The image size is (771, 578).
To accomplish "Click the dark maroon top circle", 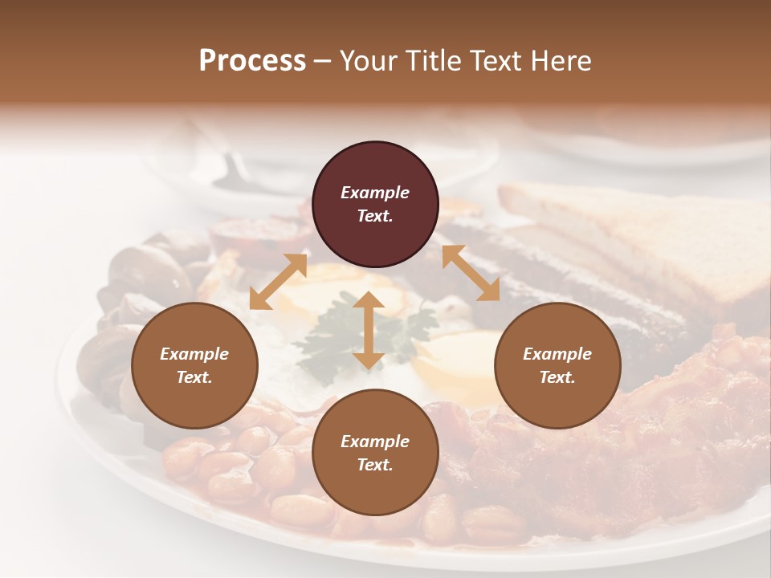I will click(x=375, y=205).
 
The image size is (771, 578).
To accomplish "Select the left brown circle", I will click(x=194, y=366).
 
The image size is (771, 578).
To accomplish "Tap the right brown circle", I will click(x=557, y=366).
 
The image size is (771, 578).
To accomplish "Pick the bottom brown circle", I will click(x=375, y=453).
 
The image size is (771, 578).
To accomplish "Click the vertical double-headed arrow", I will click(x=369, y=331).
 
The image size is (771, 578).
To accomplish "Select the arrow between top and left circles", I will click(x=279, y=281).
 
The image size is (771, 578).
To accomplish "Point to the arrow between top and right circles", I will click(x=471, y=273).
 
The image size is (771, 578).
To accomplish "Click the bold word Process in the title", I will click(x=252, y=60).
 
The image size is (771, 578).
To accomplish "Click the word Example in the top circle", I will click(x=375, y=193).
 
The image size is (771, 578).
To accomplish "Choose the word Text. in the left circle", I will click(x=194, y=377).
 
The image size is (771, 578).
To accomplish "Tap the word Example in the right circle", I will click(x=557, y=354).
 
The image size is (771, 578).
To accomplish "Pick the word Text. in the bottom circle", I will click(x=375, y=465).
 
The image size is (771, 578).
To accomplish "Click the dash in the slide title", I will click(x=323, y=61).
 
